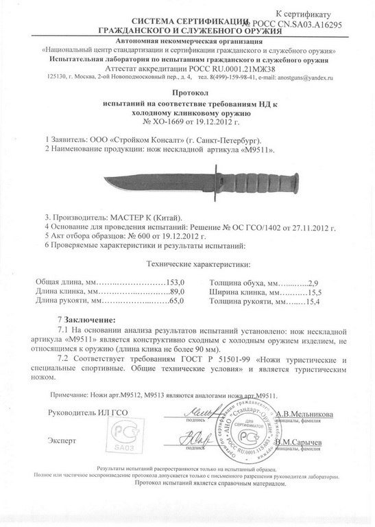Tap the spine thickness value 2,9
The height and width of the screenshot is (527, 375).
(294, 282)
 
